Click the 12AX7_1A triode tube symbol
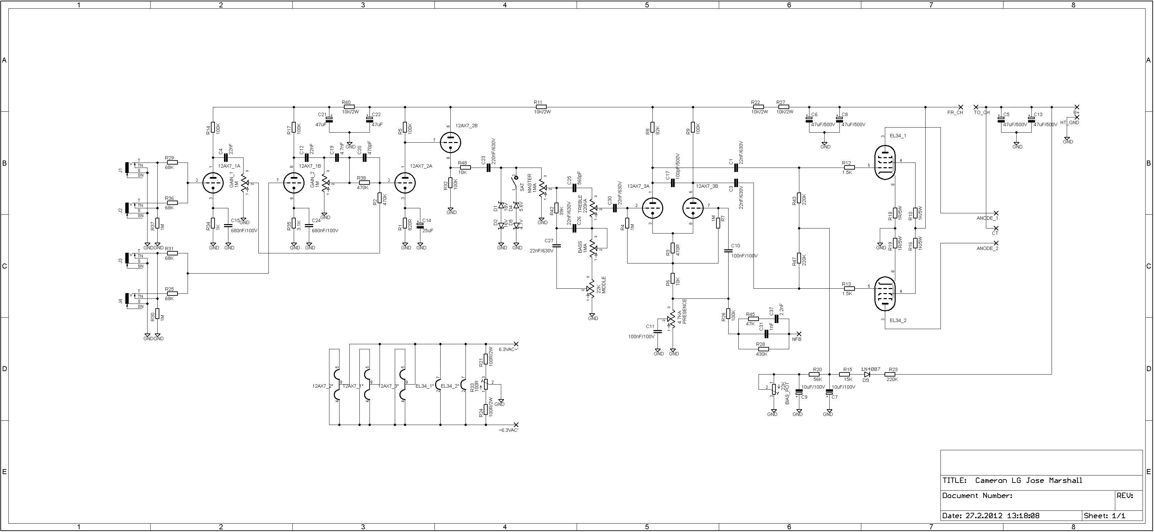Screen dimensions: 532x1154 213,183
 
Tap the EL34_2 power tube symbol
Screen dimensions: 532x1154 885,293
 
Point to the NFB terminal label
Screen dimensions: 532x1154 797,339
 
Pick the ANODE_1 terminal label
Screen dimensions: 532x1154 987,218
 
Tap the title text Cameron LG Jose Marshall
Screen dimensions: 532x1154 1028,481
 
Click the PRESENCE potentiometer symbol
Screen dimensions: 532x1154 672,319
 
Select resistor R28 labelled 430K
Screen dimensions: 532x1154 763,349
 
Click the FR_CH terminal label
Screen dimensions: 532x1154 955,112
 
